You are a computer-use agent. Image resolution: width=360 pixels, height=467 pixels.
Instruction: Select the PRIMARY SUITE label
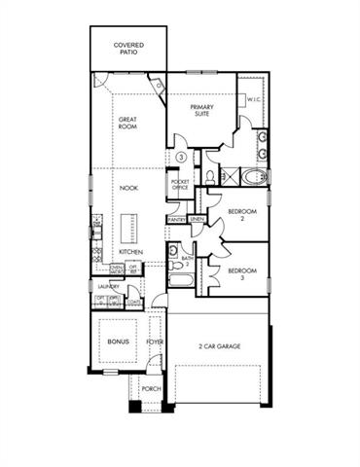pos(201,110)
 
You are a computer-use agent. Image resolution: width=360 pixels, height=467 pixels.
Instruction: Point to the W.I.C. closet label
pos(252,99)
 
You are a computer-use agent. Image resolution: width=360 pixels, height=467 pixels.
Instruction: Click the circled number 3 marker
pos(182,157)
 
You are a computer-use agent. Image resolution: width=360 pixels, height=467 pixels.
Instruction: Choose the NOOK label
pos(128,187)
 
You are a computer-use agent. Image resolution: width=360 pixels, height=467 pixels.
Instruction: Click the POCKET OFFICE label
pos(180,185)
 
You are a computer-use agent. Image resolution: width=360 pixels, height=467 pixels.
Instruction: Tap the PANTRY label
pos(176,220)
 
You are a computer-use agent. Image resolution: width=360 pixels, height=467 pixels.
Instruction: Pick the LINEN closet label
pos(196,220)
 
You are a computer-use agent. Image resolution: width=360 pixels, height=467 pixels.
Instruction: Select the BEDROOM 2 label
pos(241,214)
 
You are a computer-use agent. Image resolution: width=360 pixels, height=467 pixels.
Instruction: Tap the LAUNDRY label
pos(108,287)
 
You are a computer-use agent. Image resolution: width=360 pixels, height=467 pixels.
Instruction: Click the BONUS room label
pos(119,342)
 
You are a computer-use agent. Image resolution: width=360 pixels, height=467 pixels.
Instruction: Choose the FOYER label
pos(155,342)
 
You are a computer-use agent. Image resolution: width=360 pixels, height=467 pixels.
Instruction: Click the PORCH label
pos(151,389)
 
